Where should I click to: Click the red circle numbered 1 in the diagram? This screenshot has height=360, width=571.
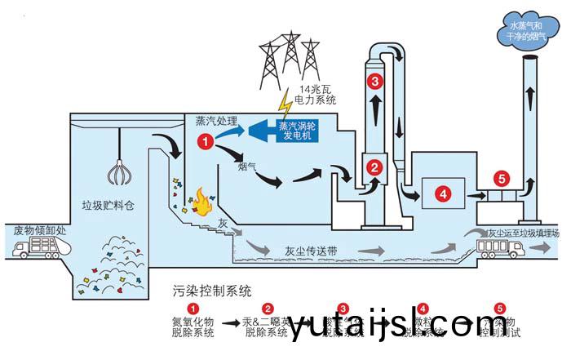tap(206, 141)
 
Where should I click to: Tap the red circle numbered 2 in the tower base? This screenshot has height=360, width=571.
tap(375, 167)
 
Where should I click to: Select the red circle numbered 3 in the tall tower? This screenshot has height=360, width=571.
tap(375, 81)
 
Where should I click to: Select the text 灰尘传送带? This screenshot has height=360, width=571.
tap(312, 251)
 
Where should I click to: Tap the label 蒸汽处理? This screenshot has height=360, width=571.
tap(216, 120)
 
